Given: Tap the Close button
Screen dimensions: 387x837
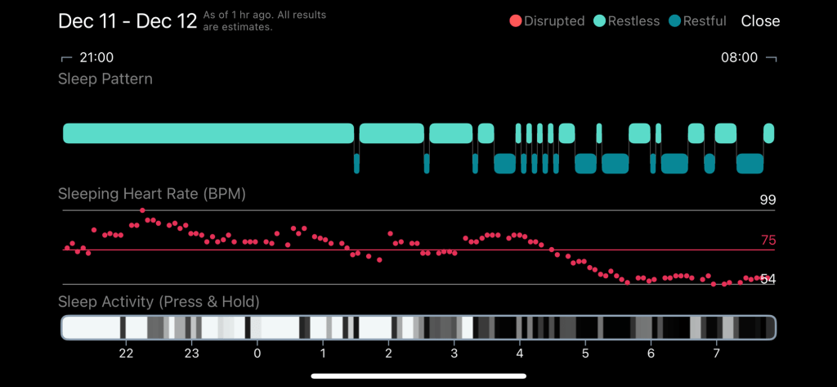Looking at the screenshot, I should click(760, 21).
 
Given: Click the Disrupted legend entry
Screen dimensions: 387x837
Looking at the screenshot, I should click(547, 21).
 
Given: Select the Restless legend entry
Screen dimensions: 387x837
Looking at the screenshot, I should click(625, 21).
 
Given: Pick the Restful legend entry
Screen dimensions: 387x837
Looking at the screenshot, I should click(697, 21).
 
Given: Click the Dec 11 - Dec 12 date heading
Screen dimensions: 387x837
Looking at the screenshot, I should click(128, 21).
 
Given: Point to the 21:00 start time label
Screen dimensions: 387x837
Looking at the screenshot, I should click(96, 58).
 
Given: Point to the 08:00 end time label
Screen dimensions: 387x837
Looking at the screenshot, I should click(739, 58).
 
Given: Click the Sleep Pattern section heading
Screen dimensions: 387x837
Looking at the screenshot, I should click(105, 79).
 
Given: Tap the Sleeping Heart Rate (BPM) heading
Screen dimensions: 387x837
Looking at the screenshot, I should click(152, 195).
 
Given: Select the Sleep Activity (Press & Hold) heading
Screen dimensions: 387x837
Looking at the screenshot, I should click(159, 302).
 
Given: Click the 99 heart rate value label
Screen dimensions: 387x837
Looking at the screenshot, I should click(767, 200).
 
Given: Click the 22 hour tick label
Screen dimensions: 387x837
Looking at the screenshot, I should click(126, 353).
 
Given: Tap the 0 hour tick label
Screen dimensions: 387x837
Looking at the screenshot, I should click(257, 353).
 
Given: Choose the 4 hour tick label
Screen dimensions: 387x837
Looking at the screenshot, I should click(519, 353).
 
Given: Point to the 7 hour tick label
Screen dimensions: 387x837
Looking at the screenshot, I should click(716, 353).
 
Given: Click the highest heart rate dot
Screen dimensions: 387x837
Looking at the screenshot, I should click(142, 210).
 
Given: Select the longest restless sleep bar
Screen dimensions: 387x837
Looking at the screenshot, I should click(208, 133).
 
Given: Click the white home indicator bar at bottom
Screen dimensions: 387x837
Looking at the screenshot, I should click(418, 376).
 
